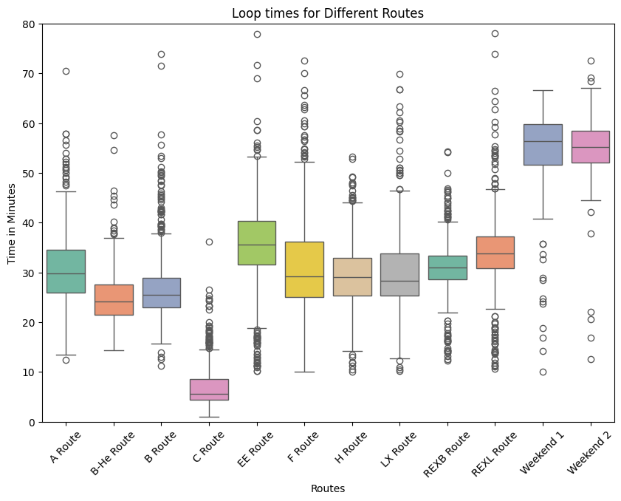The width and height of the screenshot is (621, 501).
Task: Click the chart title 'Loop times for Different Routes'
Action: tap(328, 13)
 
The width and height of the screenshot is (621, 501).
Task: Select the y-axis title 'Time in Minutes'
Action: tap(13, 223)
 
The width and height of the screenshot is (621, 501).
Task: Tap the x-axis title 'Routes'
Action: tap(328, 488)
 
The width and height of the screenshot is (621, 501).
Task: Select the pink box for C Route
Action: tap(209, 389)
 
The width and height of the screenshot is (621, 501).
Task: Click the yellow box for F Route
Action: tap(304, 270)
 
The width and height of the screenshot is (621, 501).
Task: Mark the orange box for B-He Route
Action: tap(114, 299)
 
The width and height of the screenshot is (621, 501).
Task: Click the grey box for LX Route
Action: tap(399, 274)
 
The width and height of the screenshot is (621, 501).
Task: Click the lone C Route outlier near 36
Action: tap(209, 242)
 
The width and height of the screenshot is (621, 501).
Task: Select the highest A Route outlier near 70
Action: tap(66, 71)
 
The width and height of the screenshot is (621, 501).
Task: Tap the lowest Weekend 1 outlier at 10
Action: tap(543, 372)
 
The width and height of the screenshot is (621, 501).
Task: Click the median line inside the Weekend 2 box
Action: tap(591, 147)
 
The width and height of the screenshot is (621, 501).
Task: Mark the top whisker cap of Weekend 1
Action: tap(543, 90)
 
